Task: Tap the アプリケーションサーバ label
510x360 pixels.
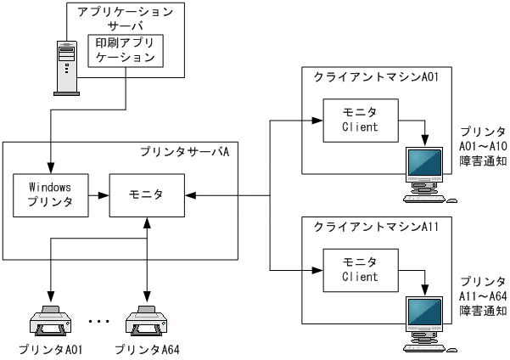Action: [x=126, y=19]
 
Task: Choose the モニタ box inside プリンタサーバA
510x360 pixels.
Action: [x=147, y=194]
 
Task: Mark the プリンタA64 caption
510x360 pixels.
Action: [x=146, y=350]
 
